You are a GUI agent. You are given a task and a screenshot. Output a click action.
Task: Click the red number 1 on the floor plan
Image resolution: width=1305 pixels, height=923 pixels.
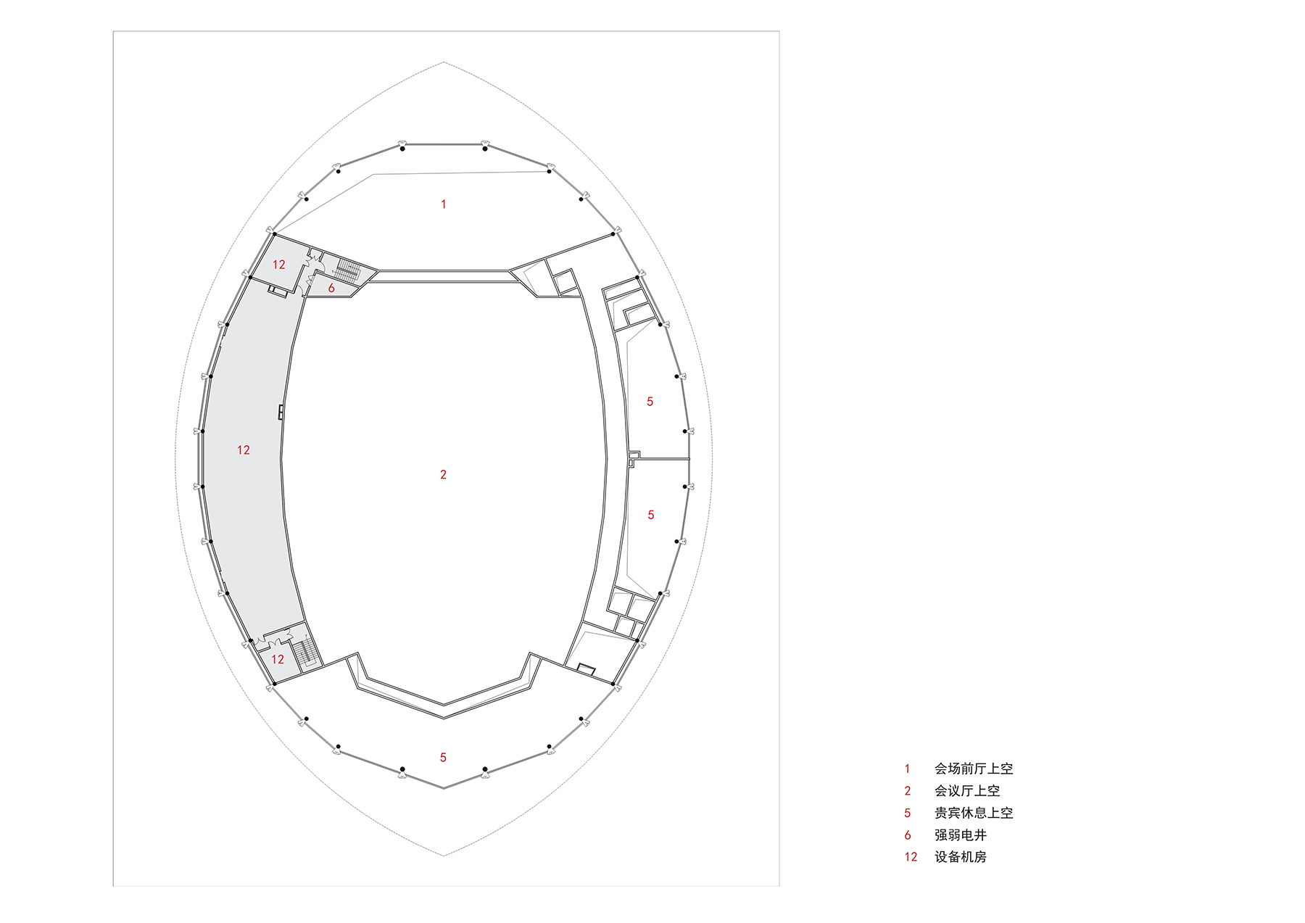[x=444, y=204]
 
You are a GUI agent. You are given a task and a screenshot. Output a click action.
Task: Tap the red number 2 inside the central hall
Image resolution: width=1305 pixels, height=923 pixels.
[x=443, y=475]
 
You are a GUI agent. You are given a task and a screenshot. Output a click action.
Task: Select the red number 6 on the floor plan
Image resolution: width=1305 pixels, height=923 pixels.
[x=331, y=289]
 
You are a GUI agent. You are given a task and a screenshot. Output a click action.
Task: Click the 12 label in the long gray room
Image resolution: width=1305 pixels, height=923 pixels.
[x=244, y=450]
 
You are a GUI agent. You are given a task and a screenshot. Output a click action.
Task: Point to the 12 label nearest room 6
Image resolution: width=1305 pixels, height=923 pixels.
[x=279, y=265]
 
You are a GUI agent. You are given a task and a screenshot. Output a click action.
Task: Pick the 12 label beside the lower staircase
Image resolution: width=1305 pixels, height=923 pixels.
[x=278, y=660]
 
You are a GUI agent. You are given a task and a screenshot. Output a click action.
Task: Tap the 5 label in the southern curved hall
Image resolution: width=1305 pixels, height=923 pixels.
[x=443, y=758]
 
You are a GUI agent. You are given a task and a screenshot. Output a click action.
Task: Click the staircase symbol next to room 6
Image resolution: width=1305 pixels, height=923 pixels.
[x=348, y=271]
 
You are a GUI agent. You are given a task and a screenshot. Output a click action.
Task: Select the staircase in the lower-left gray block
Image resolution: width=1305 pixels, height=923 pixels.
[x=307, y=652]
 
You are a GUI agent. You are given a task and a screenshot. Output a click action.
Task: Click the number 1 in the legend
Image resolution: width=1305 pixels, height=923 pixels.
[x=907, y=769]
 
